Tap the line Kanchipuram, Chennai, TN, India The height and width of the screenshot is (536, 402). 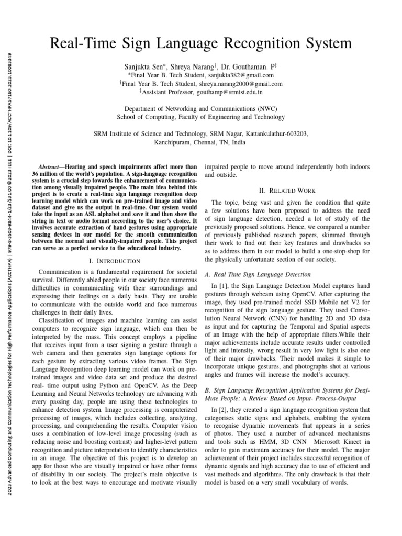point(200,142)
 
